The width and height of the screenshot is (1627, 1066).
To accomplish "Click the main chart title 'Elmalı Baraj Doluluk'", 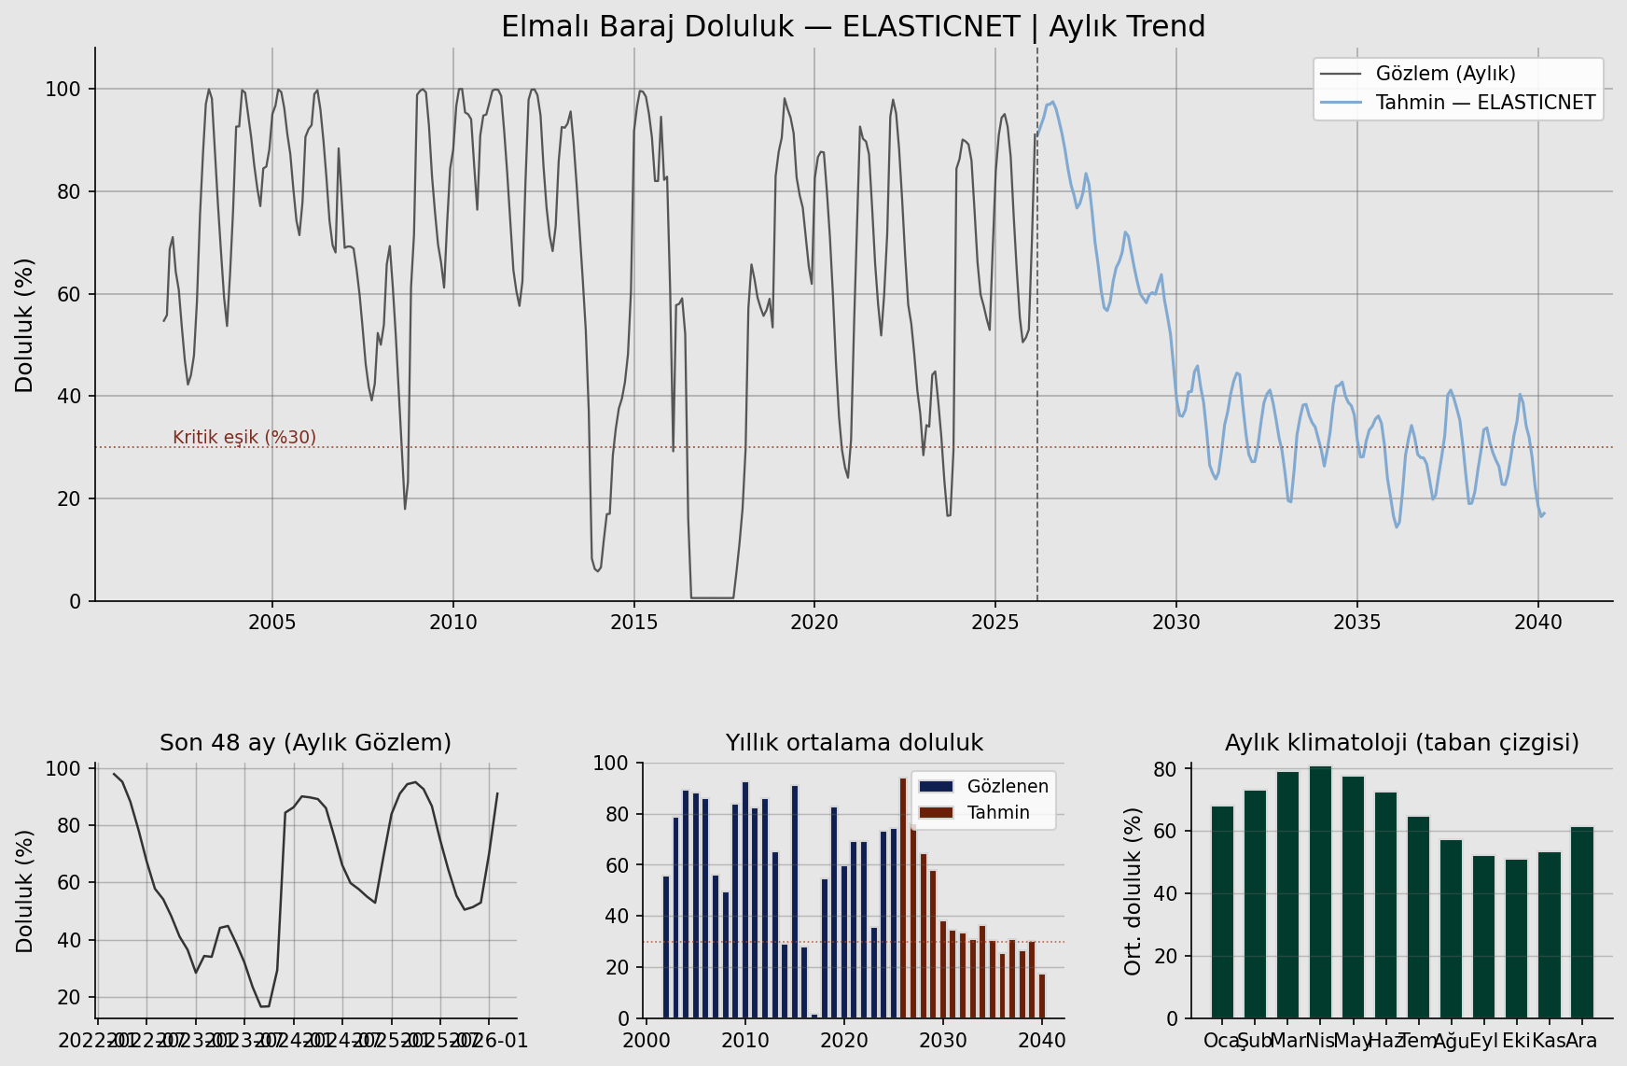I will [853, 27].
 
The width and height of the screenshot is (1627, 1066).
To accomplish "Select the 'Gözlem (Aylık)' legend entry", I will [1445, 74].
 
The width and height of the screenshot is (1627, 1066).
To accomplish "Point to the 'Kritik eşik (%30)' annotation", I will [244, 438].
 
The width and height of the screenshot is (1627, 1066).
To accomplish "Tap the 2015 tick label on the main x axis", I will [634, 623].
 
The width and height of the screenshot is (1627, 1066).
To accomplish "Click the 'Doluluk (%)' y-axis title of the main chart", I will [25, 325].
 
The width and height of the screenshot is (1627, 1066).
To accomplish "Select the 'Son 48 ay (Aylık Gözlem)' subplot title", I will [305, 743].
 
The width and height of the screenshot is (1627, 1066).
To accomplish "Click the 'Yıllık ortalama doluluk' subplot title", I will [854, 743].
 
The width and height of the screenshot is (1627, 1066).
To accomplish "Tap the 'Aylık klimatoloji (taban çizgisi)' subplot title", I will [1401, 743].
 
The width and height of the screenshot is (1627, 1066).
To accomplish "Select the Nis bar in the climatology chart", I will [1320, 891].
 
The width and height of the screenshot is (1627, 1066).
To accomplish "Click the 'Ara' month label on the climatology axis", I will [1581, 1041].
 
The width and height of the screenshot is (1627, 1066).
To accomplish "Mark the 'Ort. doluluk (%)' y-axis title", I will [1133, 891].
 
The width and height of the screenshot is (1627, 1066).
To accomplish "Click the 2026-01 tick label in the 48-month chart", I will [498, 1041].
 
